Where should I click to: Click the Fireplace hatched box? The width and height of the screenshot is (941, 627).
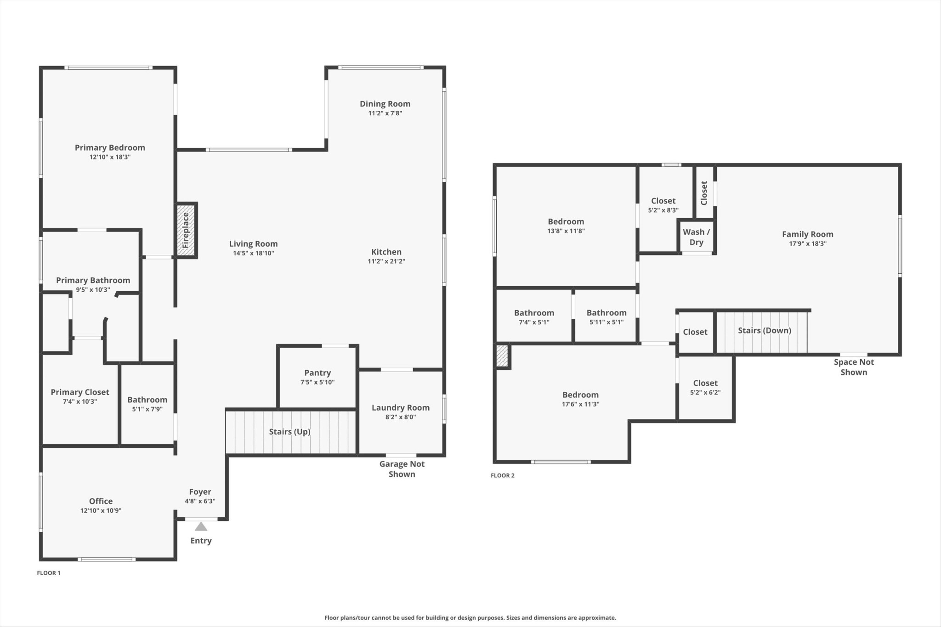point(186,230)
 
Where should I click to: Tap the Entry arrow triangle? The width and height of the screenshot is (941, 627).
point(201,526)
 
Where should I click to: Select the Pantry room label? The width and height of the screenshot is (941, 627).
point(317,373)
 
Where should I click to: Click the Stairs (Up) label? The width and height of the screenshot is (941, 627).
point(290,432)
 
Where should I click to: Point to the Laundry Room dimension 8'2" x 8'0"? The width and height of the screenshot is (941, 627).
point(401,417)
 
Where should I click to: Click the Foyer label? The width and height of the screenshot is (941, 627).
point(200,492)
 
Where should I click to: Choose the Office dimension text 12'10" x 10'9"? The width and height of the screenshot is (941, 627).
point(101,510)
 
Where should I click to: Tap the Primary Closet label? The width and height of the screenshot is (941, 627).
point(80,392)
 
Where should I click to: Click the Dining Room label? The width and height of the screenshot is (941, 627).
point(385,104)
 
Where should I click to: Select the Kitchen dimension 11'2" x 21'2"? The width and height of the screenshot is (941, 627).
point(386,261)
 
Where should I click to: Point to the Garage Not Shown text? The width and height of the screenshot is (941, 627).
point(402,469)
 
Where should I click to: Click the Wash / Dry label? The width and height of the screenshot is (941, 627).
point(697,237)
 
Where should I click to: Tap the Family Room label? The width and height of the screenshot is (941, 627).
point(808,234)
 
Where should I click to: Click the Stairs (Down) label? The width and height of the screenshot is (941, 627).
point(765,331)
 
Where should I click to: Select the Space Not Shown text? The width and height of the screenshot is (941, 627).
point(854,367)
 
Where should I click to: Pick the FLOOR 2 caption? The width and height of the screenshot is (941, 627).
point(503,475)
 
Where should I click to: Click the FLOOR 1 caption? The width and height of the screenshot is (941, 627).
point(49,573)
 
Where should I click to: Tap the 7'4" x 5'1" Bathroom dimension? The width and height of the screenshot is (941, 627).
point(534,322)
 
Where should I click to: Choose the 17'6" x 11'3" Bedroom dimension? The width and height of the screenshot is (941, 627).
point(580,404)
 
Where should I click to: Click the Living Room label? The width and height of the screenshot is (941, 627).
point(254,244)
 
